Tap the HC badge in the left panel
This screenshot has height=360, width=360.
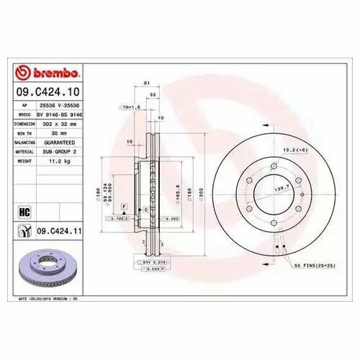[x=24, y=213]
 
